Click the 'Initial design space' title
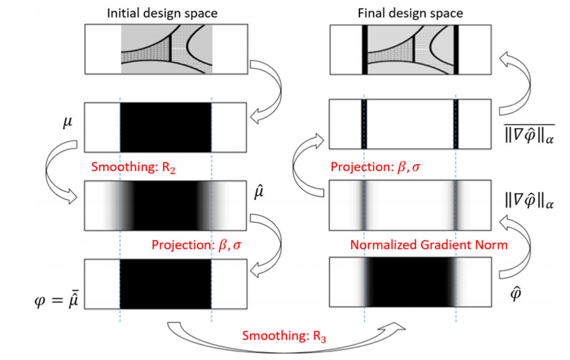pyautogui.click(x=166, y=12)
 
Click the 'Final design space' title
pyautogui.click(x=410, y=12)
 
